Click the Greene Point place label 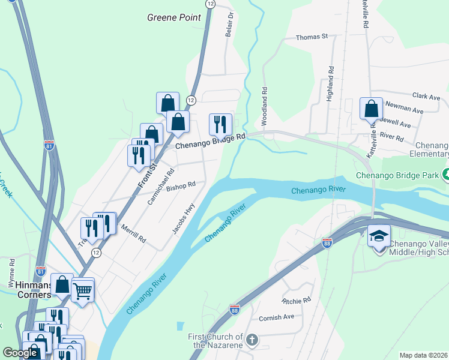[174, 17]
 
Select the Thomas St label [312, 37]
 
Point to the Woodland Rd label [264, 99]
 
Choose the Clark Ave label [426, 97]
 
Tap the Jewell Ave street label [396, 124]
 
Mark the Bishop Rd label [181, 187]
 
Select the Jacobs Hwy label [185, 218]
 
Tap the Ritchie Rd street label [297, 299]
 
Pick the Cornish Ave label [277, 317]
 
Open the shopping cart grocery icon [83, 291]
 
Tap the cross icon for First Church [252, 340]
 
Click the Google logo [20, 353]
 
